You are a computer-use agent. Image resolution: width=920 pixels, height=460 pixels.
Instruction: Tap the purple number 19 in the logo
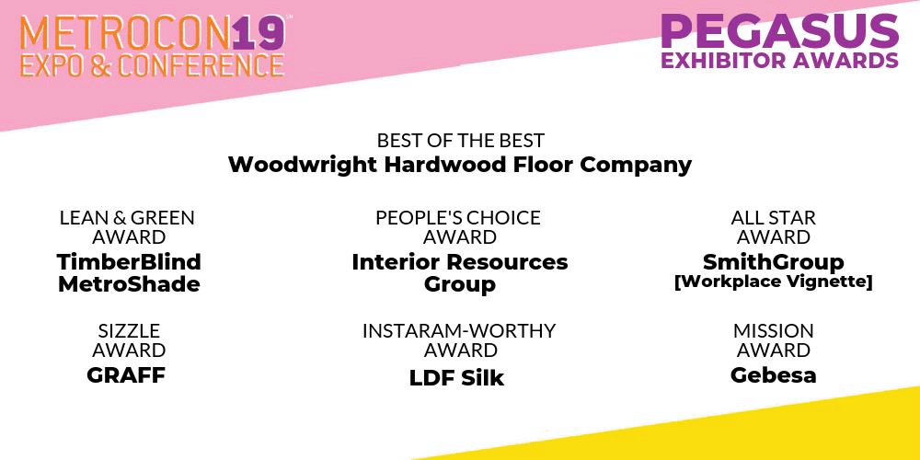point(259,33)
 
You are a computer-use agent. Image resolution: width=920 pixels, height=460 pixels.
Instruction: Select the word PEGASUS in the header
point(780,31)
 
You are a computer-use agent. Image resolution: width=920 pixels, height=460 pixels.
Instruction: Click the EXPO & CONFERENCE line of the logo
point(152,65)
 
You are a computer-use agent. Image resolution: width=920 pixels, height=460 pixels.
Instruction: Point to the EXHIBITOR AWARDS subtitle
point(780,60)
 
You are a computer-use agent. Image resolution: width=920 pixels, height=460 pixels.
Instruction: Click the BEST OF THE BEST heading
point(461,141)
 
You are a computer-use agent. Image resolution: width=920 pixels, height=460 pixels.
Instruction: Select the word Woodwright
point(303,165)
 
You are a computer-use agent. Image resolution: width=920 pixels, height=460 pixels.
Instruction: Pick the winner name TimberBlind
point(129,261)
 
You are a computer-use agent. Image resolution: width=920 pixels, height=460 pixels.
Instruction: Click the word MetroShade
point(129,284)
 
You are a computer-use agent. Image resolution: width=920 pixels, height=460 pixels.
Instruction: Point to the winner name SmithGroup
point(774,262)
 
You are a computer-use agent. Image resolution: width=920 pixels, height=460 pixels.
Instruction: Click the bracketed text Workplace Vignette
point(774,282)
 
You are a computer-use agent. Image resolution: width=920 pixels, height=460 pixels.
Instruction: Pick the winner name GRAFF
point(126,375)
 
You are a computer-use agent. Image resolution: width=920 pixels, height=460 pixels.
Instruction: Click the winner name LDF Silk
point(456,378)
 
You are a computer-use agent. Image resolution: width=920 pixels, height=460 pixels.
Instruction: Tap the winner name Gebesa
point(774,375)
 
